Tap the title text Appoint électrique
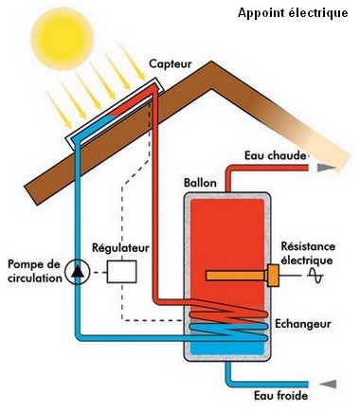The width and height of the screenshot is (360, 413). [x=293, y=12]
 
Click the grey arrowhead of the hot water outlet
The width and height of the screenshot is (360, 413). [x=326, y=167]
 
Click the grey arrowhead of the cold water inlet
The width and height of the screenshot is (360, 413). [x=328, y=383]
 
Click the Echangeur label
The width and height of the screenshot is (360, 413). [x=302, y=323]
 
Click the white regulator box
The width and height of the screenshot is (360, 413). [x=120, y=272]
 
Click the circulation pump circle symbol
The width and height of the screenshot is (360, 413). [x=75, y=273]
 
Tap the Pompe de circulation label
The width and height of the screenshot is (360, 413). [x=31, y=273]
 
